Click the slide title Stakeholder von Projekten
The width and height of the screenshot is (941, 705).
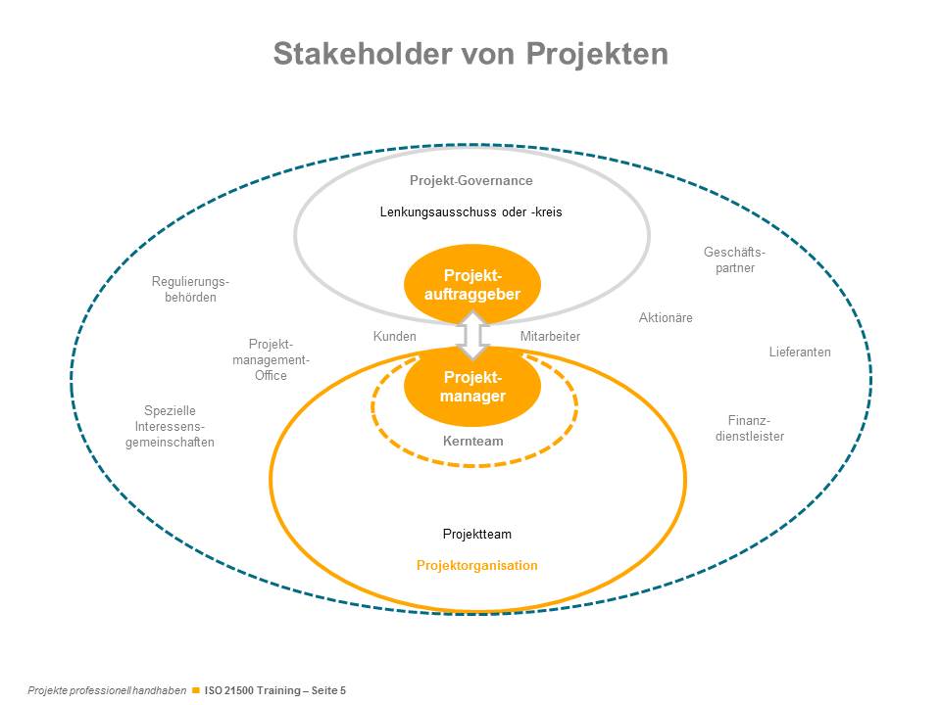tap(470, 53)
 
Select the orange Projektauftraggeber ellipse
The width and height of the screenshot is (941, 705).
tap(472, 284)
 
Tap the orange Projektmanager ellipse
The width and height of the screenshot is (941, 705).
tap(472, 387)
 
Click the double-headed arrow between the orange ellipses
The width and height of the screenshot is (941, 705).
tap(473, 336)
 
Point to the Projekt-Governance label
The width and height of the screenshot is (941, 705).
tap(470, 181)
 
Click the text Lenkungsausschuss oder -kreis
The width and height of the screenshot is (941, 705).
tap(470, 211)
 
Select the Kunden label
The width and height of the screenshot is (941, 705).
tap(394, 337)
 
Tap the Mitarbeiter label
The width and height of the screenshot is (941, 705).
tap(550, 337)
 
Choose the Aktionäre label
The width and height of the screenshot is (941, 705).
tap(666, 318)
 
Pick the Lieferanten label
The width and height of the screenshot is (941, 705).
tap(800, 352)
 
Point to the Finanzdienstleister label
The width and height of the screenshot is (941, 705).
tap(750, 428)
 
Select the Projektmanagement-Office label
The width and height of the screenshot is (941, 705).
tap(271, 359)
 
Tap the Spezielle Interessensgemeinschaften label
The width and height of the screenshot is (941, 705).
tap(170, 426)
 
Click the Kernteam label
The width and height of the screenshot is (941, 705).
tap(472, 442)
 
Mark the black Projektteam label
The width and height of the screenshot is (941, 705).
tap(476, 535)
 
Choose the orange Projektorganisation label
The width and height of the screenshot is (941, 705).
tap(476, 566)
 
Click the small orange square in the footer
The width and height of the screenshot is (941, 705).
tap(196, 690)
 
